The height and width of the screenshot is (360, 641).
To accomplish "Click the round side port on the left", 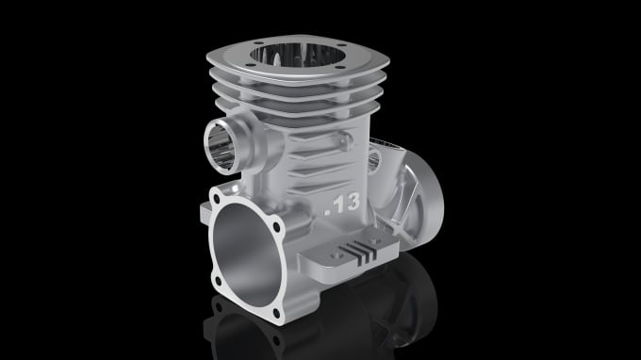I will (222, 144).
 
